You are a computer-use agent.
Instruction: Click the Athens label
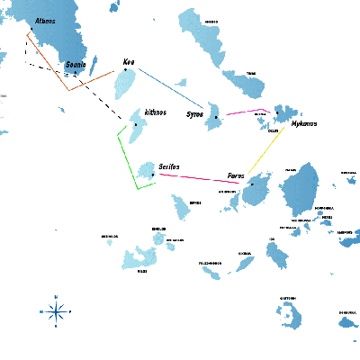coord(44,21)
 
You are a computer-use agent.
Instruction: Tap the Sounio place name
coord(76,65)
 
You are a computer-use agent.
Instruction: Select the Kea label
coord(129,63)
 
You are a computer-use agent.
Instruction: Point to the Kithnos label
coord(155,112)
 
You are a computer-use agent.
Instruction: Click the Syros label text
coord(194,115)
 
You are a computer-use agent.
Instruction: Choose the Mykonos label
coord(304,123)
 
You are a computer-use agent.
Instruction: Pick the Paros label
coord(236,175)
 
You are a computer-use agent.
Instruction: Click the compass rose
coord(56,311)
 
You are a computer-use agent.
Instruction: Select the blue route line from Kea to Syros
coord(171,91)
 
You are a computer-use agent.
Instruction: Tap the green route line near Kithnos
coord(125,162)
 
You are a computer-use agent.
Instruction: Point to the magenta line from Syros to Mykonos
coord(243,112)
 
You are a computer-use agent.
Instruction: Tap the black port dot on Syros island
coord(216,117)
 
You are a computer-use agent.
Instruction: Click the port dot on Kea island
coord(125,70)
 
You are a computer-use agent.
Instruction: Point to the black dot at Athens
coord(32,31)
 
